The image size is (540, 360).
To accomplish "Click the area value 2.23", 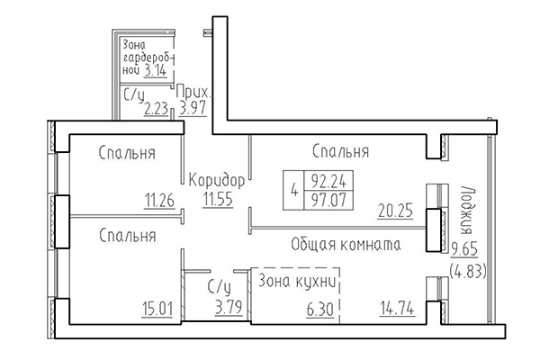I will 157,110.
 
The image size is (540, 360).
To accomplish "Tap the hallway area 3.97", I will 194,110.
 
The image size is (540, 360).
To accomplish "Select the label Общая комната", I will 346,245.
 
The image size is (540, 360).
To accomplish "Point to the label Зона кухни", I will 297,283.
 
